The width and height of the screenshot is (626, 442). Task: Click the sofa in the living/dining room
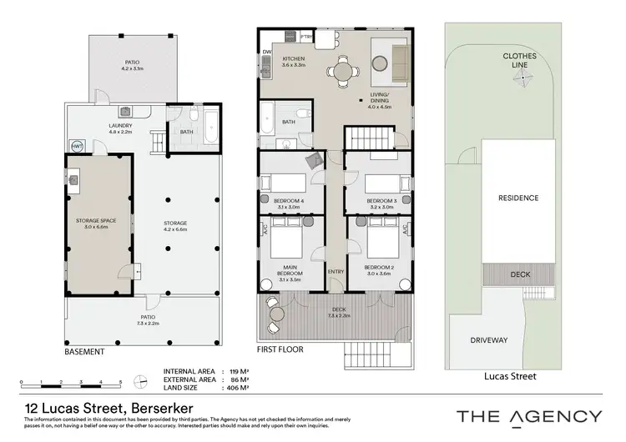399,58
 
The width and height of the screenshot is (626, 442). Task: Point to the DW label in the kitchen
266,52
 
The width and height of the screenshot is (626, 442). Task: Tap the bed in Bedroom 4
283,183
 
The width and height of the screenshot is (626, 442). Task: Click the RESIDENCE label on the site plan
518,198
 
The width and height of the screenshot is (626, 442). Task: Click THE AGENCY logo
528,416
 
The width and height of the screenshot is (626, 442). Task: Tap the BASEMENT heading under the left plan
84,352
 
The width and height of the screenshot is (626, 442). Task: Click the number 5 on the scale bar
121,381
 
